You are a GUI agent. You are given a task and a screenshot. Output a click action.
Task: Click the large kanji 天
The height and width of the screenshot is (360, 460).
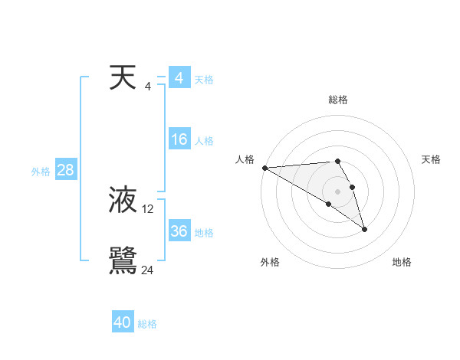(x=123, y=78)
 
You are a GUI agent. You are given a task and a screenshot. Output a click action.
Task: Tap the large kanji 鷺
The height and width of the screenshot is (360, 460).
(x=123, y=261)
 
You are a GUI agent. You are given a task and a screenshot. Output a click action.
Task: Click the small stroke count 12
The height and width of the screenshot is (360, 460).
(x=148, y=208)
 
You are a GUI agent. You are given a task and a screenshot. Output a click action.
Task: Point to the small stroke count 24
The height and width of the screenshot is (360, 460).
(x=148, y=270)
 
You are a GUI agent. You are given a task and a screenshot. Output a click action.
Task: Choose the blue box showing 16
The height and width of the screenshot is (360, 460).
(x=179, y=139)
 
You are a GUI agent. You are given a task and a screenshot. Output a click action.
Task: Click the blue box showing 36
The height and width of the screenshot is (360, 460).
(x=179, y=231)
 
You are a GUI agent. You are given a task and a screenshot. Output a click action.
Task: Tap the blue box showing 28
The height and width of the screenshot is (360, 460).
(x=65, y=170)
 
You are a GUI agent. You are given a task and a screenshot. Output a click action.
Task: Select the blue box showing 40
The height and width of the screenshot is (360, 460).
(x=123, y=323)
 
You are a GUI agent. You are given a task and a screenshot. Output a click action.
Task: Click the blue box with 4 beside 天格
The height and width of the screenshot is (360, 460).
(x=179, y=78)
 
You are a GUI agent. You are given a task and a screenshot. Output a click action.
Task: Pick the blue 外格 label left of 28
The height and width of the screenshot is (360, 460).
(x=41, y=172)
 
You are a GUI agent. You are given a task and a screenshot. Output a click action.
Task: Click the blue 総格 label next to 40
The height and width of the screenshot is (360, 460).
(x=147, y=324)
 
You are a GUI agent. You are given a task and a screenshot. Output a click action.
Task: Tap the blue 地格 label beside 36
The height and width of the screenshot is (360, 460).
(x=204, y=233)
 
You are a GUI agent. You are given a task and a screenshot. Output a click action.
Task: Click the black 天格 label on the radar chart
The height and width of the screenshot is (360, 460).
(x=432, y=159)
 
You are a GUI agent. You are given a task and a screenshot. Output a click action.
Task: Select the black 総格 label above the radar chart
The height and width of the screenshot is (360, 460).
(x=338, y=100)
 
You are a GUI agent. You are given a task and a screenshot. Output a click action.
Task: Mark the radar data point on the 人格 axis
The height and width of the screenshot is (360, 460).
(x=264, y=168)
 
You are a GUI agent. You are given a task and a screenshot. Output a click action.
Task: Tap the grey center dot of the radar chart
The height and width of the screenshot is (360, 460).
(x=338, y=191)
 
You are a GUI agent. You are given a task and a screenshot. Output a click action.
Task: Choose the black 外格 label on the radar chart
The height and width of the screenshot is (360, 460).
(x=270, y=262)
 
